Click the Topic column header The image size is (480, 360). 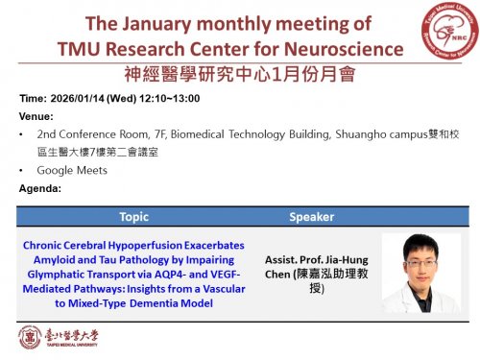(x=133, y=217)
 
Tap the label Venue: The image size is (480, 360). (x=36, y=115)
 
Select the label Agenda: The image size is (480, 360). (x=39, y=188)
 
